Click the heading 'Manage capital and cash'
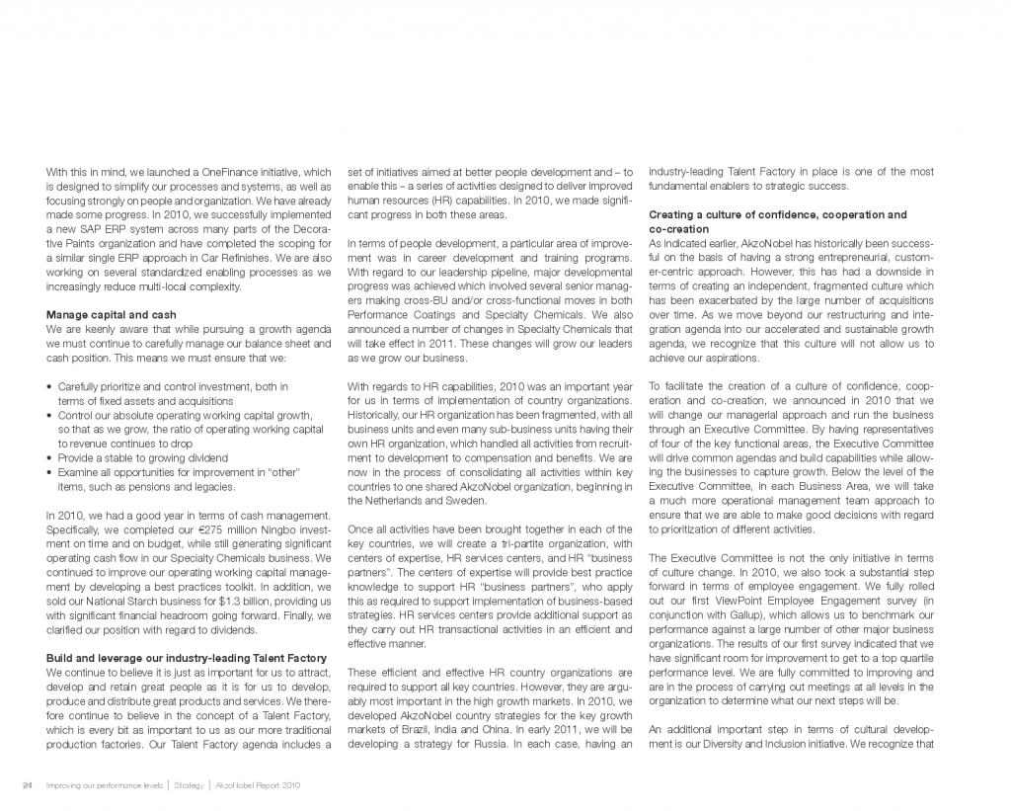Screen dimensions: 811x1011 (x=112, y=315)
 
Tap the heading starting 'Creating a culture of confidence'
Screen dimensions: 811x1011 (x=777, y=214)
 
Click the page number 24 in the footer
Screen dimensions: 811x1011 (x=28, y=785)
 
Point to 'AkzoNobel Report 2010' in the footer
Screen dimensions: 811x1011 (x=258, y=785)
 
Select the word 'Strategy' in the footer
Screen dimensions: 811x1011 (x=189, y=785)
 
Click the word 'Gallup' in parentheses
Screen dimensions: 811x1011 (x=779, y=614)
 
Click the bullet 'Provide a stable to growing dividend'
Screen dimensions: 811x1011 (x=143, y=458)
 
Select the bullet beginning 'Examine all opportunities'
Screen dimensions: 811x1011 (x=178, y=473)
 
